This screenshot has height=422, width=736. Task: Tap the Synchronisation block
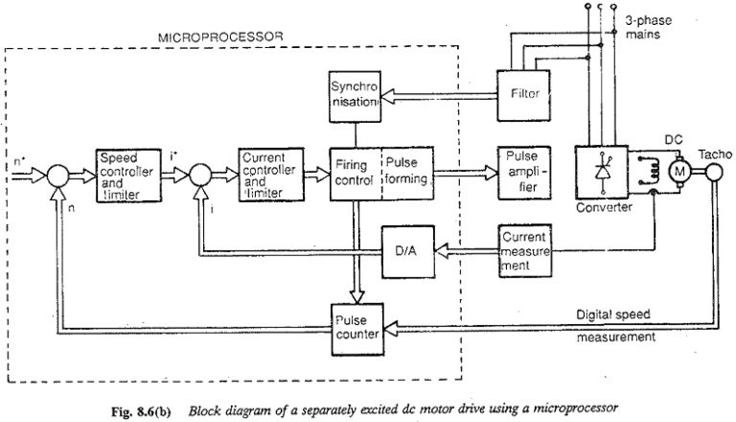point(355,96)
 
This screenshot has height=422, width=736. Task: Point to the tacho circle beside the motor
point(716,172)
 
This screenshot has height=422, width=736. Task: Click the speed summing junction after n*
point(58,175)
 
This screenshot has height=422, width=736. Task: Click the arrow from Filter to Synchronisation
point(441,95)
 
